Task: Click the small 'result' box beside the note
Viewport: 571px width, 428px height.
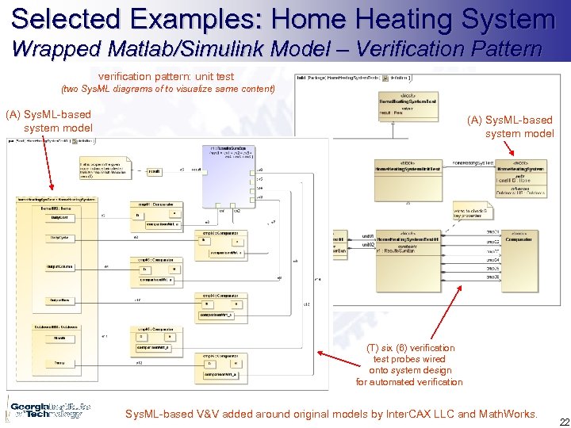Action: (155, 170)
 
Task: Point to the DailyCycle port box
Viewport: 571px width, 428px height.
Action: (59, 238)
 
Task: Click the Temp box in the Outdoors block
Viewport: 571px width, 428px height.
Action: (60, 362)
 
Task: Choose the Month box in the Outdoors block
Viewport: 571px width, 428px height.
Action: (60, 337)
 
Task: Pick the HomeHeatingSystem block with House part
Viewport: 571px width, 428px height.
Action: (520, 179)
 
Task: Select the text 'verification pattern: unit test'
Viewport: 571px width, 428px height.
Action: (166, 76)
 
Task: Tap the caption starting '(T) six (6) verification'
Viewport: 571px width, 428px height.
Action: (409, 365)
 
